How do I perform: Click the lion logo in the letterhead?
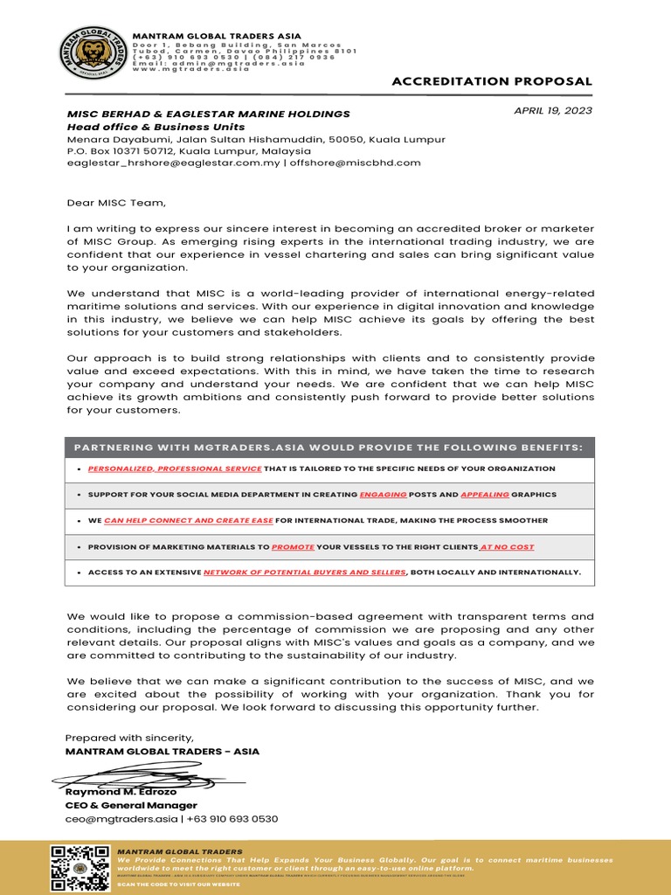[91, 54]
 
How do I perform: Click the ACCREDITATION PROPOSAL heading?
[492, 81]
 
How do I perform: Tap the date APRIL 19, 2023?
[552, 110]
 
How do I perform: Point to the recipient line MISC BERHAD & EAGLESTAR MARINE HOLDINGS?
[209, 114]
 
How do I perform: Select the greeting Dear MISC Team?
[115, 203]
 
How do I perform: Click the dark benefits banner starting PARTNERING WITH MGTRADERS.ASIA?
[329, 447]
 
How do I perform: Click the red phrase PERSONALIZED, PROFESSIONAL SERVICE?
[175, 468]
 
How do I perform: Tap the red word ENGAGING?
[384, 494]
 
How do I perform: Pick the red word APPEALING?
[485, 494]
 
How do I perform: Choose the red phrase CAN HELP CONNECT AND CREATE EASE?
[189, 520]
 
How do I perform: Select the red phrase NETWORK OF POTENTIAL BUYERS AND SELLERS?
[305, 572]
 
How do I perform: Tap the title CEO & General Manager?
[131, 805]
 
